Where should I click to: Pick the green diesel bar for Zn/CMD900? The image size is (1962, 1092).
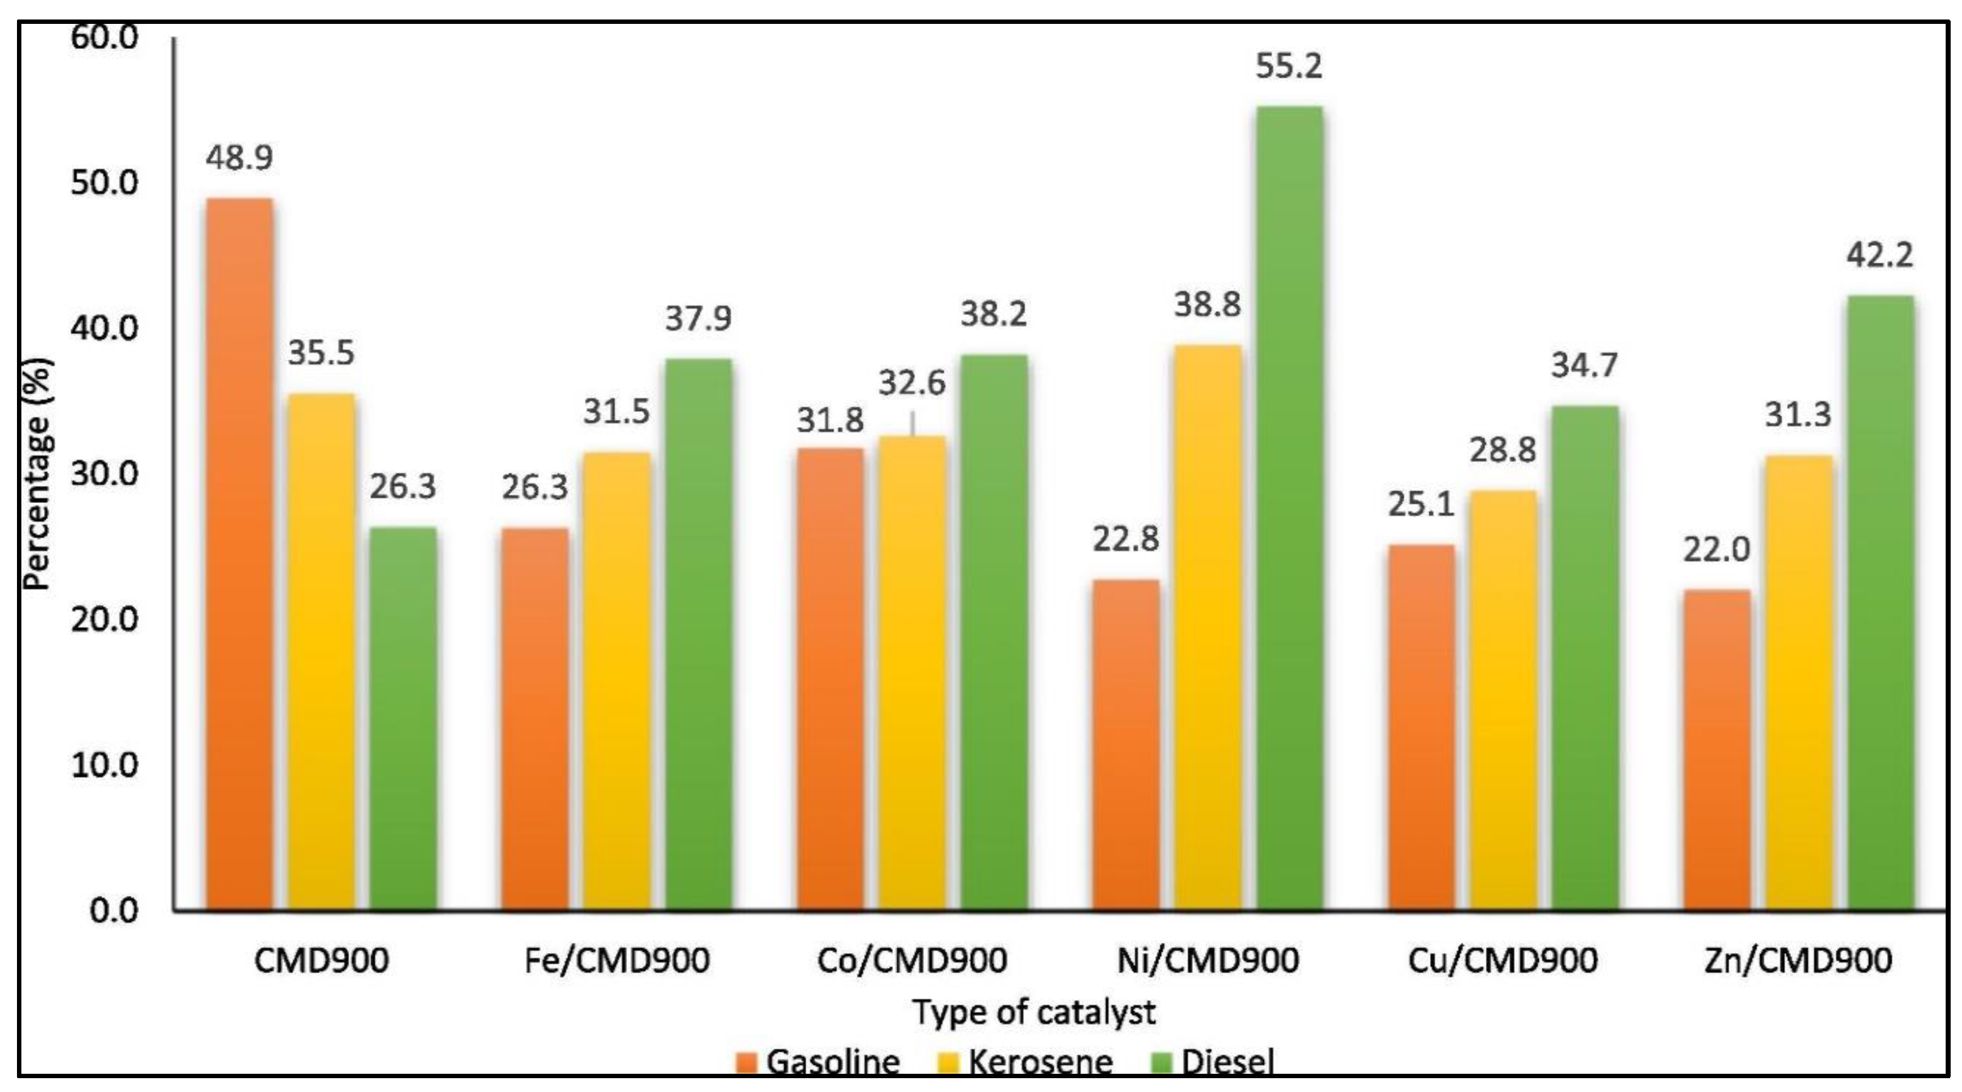coord(1880,602)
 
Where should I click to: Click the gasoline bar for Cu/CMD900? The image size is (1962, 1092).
coord(1421,727)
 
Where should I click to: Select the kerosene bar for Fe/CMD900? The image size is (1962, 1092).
coord(617,681)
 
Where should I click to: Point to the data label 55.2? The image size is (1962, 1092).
coord(1289,66)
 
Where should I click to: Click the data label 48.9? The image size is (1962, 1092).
coord(239,158)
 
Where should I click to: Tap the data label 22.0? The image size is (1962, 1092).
coord(1716,549)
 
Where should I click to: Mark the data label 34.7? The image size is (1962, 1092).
coord(1584,365)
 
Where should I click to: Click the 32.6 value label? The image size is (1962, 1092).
coord(912,383)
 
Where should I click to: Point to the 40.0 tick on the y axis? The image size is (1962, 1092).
coord(104,328)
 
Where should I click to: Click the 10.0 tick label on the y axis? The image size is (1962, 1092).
coord(104,764)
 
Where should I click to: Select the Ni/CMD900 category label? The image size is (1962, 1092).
coord(1207,960)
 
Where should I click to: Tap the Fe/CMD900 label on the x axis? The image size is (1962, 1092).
coord(617,960)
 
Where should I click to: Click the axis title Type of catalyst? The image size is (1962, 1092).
coord(1034,1012)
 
